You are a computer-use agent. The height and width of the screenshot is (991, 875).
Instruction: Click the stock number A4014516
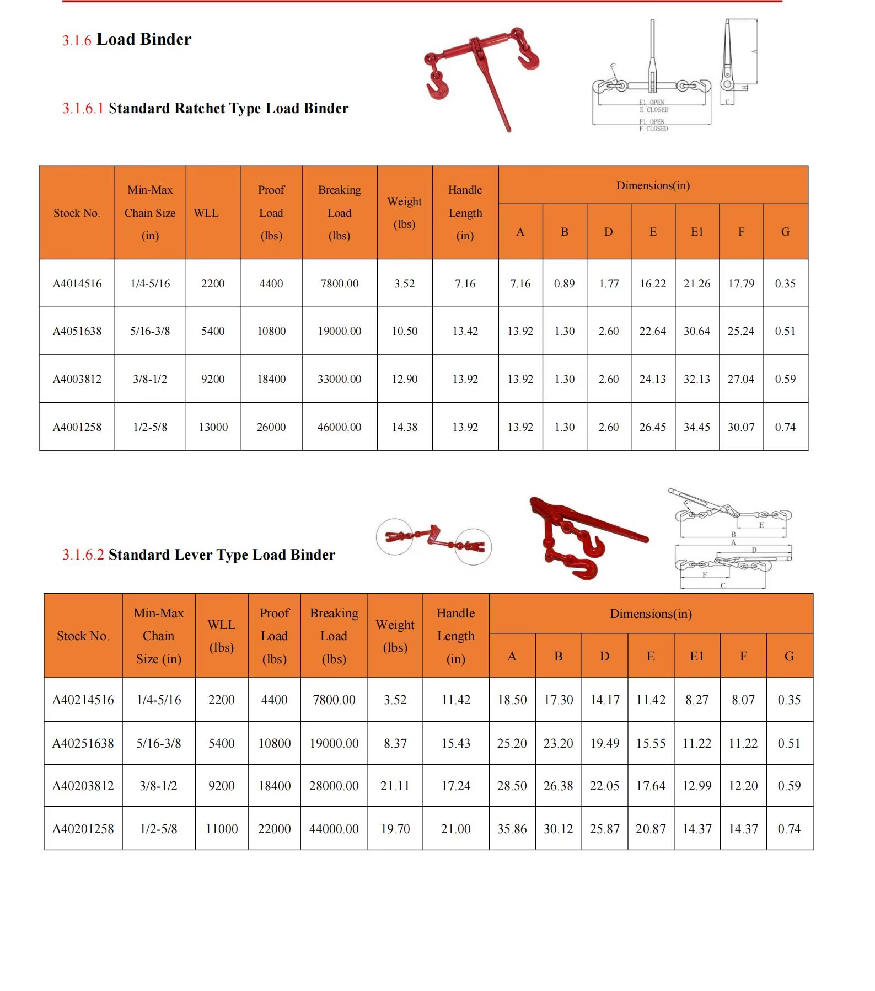tap(77, 284)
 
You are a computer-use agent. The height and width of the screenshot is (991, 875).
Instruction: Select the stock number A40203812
tap(83, 786)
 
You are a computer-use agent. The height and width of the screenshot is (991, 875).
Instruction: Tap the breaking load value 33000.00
tap(339, 379)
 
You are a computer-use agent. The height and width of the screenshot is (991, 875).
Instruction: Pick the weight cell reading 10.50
tap(405, 331)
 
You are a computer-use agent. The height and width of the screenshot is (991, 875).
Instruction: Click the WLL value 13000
tap(213, 427)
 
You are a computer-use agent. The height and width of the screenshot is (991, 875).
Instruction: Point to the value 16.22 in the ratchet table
tap(653, 284)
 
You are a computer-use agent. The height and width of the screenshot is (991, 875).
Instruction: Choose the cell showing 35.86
tap(512, 829)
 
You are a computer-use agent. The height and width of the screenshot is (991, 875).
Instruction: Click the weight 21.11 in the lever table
tap(395, 786)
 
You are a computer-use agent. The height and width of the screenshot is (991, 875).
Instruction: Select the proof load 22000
tap(275, 829)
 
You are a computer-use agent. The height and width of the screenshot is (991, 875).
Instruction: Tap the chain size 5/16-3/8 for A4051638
tap(150, 331)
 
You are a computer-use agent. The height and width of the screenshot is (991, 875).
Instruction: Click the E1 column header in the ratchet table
tap(697, 232)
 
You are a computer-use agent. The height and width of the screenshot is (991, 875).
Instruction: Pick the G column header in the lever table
tap(789, 656)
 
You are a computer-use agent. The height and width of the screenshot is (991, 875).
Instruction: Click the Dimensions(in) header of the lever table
tap(651, 614)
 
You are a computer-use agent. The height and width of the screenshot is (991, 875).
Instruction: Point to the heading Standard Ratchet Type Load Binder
tap(228, 108)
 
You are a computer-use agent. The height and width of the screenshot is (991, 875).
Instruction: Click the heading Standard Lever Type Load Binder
tap(222, 555)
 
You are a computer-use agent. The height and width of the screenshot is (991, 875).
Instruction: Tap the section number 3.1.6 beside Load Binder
tap(77, 40)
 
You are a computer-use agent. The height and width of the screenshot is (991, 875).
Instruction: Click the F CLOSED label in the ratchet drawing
tap(653, 129)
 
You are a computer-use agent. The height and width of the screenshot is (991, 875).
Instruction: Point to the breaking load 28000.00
tap(334, 786)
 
